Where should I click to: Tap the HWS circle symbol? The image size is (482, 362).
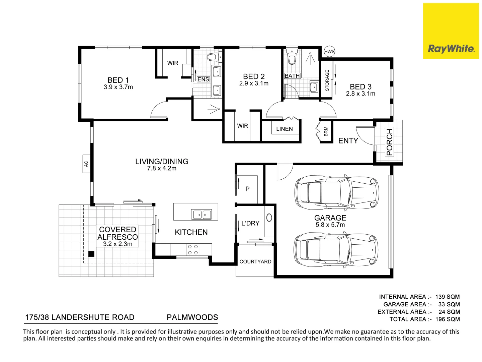[x=329, y=51]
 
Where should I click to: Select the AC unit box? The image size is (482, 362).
[x=86, y=164]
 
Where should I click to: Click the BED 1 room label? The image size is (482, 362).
[x=118, y=80]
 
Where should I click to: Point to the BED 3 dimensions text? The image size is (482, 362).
[x=360, y=94]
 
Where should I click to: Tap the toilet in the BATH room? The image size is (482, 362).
[x=292, y=58]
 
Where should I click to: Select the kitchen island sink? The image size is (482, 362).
[x=202, y=214]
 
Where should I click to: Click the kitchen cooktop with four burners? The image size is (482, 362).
[x=193, y=249]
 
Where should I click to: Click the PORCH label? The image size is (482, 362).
[x=389, y=142]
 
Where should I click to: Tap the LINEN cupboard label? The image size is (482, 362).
[x=284, y=129]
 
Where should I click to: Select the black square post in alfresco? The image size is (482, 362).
[x=91, y=254]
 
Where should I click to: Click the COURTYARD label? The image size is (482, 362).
[x=255, y=262]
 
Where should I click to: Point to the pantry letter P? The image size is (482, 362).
[x=247, y=189]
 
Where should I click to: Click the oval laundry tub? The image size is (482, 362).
[x=269, y=218]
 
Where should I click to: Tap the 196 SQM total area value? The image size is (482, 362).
[x=448, y=319]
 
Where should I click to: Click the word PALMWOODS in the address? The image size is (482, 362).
[x=192, y=317]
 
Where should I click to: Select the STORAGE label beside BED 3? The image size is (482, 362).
[x=327, y=80]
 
